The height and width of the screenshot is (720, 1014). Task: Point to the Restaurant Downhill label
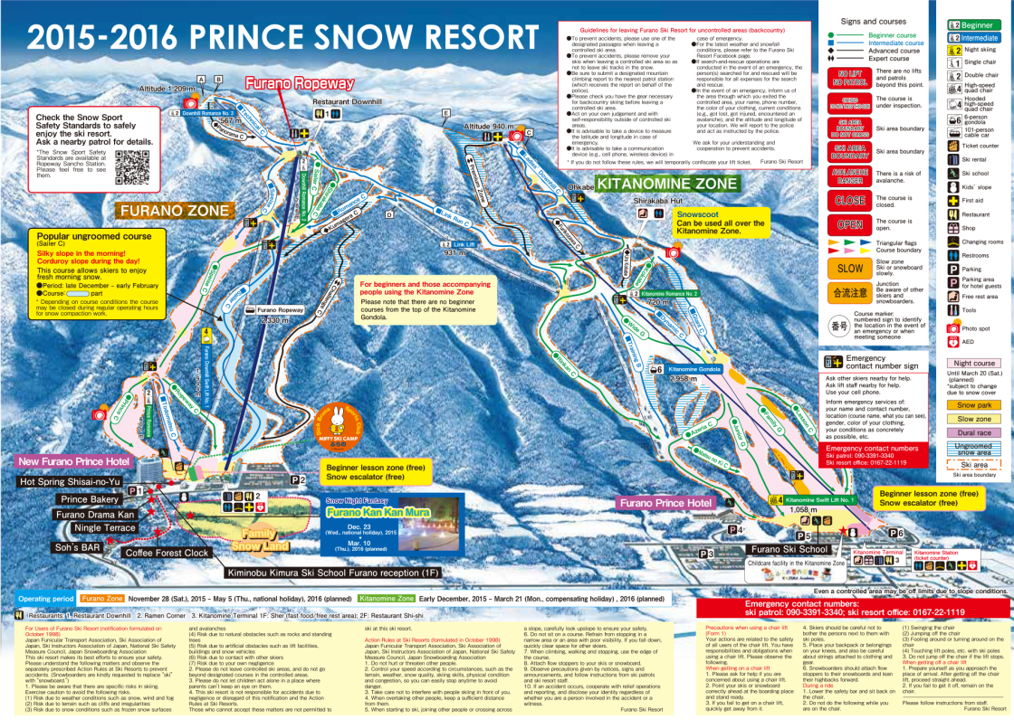tap(348, 102)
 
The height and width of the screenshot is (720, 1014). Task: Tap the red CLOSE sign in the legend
tap(851, 200)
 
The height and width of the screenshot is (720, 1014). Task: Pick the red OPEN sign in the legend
tap(851, 223)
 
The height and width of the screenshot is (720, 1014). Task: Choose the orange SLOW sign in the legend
tap(851, 268)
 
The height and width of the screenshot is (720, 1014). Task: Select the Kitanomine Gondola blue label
tap(695, 369)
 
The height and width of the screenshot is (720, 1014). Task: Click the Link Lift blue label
tap(464, 244)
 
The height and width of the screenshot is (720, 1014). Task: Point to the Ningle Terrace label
tap(105, 526)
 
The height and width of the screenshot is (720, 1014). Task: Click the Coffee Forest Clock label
tap(167, 553)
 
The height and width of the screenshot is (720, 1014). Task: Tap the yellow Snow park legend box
tap(974, 404)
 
